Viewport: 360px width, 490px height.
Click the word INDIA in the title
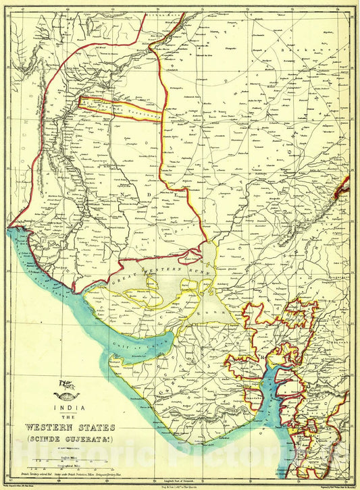(70, 407)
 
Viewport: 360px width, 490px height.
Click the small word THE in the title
(70, 417)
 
